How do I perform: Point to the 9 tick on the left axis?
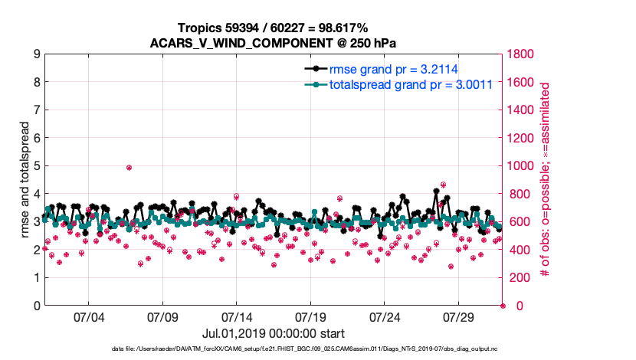pos(36,54)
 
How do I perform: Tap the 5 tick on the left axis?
pos(36,166)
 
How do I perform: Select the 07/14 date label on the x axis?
pos(237,317)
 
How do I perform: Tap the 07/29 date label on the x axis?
pos(459,317)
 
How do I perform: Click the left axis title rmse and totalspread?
pos(23,180)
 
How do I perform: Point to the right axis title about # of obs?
pos(545,180)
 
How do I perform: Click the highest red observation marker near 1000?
pos(129,167)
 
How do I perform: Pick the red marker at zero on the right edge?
pos(503,306)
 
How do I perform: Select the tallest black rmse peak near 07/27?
pos(436,191)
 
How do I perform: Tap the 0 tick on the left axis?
pos(36,306)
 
